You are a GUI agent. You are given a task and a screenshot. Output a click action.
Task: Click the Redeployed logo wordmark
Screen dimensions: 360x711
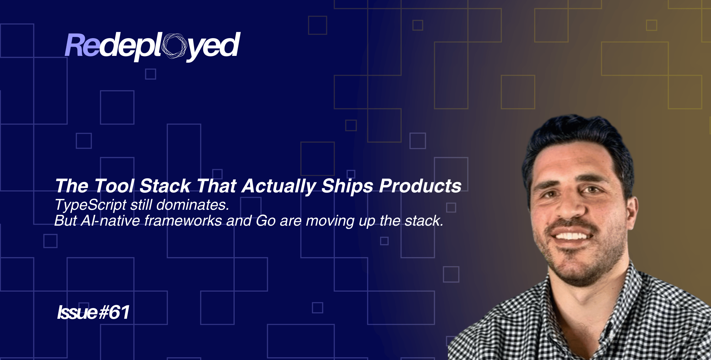point(152,46)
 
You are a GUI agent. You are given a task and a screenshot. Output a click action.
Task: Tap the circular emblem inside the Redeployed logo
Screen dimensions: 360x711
point(174,46)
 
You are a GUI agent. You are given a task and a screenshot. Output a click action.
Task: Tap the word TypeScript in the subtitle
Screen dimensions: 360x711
point(90,205)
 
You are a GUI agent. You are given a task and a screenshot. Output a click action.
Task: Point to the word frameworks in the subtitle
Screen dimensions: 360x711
point(183,221)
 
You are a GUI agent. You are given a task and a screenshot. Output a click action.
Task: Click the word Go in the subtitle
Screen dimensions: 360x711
point(266,221)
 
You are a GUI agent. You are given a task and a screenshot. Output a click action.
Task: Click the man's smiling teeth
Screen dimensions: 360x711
point(571,236)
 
